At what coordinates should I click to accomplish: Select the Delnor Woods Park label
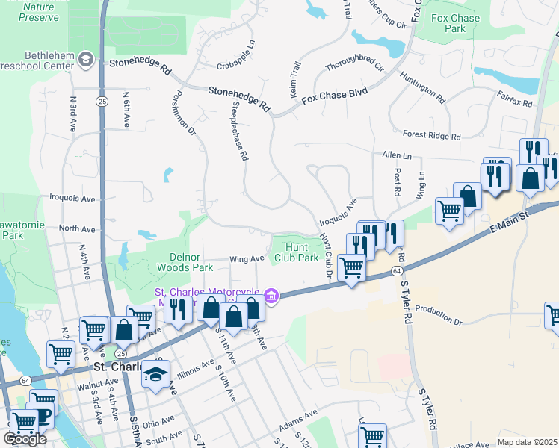tap(186, 261)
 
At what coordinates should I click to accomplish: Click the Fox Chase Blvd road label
tap(334, 95)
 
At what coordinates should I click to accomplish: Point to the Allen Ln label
tap(396, 155)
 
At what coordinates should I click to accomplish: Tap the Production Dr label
tap(439, 316)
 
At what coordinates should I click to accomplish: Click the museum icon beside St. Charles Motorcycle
tap(272, 297)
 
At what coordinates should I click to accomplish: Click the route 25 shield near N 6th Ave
tap(100, 100)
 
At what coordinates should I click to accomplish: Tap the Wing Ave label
tap(247, 259)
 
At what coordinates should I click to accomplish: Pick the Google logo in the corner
tap(25, 439)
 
